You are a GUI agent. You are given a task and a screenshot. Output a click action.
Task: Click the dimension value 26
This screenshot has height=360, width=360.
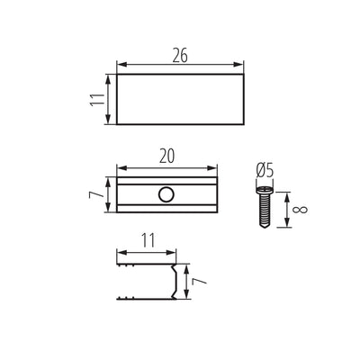pos(180,56)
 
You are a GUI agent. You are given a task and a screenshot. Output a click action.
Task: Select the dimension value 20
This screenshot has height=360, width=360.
pos(166,157)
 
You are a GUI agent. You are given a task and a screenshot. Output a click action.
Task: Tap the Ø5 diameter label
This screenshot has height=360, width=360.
pos(265,171)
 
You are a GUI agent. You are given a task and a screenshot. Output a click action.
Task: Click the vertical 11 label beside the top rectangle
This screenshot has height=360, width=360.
pos(97,99)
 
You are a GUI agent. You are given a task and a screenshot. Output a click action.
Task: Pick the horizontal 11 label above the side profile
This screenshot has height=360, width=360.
pos(148,240)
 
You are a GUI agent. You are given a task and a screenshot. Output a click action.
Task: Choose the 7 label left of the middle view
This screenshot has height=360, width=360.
pos(96,194)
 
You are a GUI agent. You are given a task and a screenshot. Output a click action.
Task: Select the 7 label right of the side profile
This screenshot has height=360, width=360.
pos(200,281)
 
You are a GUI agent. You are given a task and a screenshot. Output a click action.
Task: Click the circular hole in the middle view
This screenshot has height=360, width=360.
pos(166,194)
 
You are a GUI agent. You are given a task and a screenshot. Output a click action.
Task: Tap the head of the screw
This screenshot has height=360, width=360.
pos(265,190)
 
